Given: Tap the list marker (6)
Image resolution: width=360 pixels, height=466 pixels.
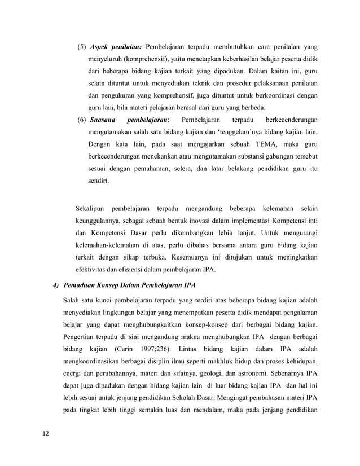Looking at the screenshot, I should [81, 120].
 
